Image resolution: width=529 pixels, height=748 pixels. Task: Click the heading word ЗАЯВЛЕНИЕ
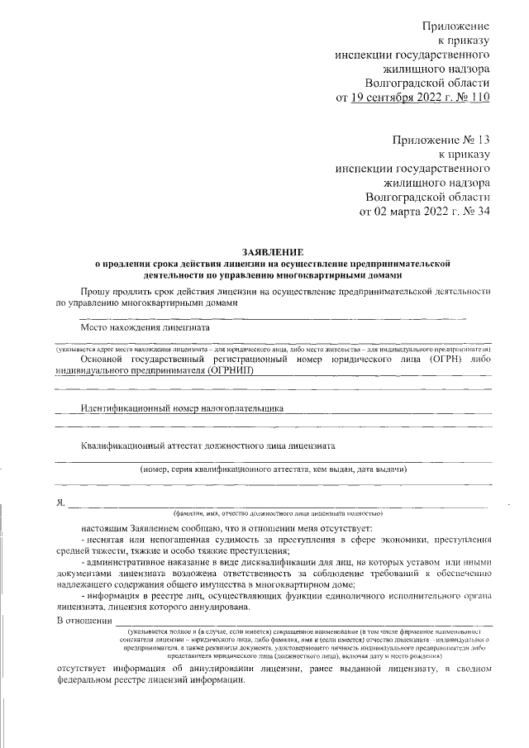click(273, 250)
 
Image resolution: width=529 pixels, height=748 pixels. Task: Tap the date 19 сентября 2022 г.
click(397, 98)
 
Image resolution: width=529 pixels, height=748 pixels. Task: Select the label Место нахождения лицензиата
click(145, 326)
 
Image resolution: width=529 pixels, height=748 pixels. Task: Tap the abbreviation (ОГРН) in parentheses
click(441, 360)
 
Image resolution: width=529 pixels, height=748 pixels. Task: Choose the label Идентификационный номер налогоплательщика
click(183, 407)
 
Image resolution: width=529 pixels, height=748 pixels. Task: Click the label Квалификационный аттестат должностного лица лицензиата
click(207, 445)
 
